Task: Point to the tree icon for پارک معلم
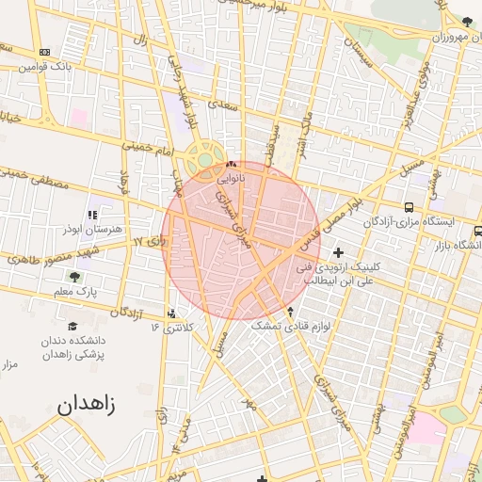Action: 74,277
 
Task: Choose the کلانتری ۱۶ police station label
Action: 171,328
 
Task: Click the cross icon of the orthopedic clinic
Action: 339,252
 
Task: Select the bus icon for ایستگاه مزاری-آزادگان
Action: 409,207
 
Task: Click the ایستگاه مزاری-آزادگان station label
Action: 410,222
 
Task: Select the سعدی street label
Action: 222,105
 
